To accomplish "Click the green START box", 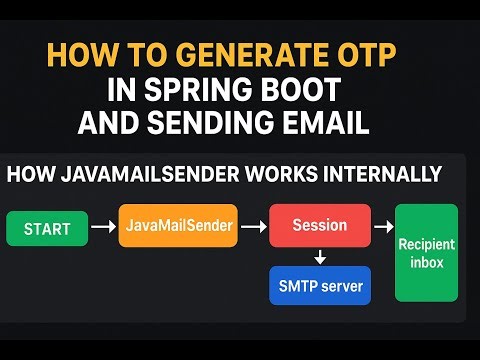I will [47, 229].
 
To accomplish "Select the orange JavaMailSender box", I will [180, 226].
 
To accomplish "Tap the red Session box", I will [320, 226].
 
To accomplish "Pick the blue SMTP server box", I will [320, 285].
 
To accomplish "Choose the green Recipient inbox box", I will [426, 252].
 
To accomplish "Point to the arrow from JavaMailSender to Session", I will [255, 227].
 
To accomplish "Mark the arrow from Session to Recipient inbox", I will [383, 227].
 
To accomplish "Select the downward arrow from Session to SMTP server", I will [320, 257].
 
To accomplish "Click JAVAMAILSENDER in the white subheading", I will [151, 175].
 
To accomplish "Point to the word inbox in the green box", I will [426, 262].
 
